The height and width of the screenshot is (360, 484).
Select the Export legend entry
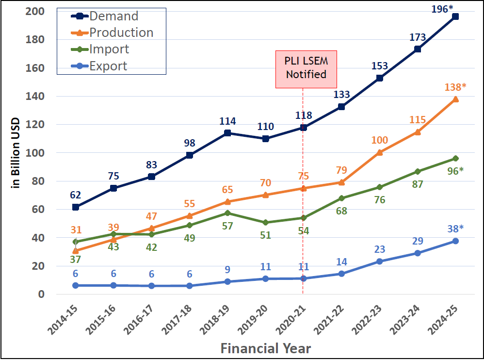pos(108,66)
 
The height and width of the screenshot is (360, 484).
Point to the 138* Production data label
pos(455,87)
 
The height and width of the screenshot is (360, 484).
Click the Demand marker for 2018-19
pos(227,133)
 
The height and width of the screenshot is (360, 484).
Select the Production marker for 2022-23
pos(380,152)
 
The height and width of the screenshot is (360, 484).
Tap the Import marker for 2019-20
pos(265,222)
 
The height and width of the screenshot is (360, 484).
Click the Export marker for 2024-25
pos(455,241)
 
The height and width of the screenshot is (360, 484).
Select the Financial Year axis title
pos(266,348)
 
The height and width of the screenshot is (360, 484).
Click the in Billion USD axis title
pos(15,153)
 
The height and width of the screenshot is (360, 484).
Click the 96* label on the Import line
pos(455,170)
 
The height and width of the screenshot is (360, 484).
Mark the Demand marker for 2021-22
pos(341,107)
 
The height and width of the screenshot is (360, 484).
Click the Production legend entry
pos(121,33)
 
